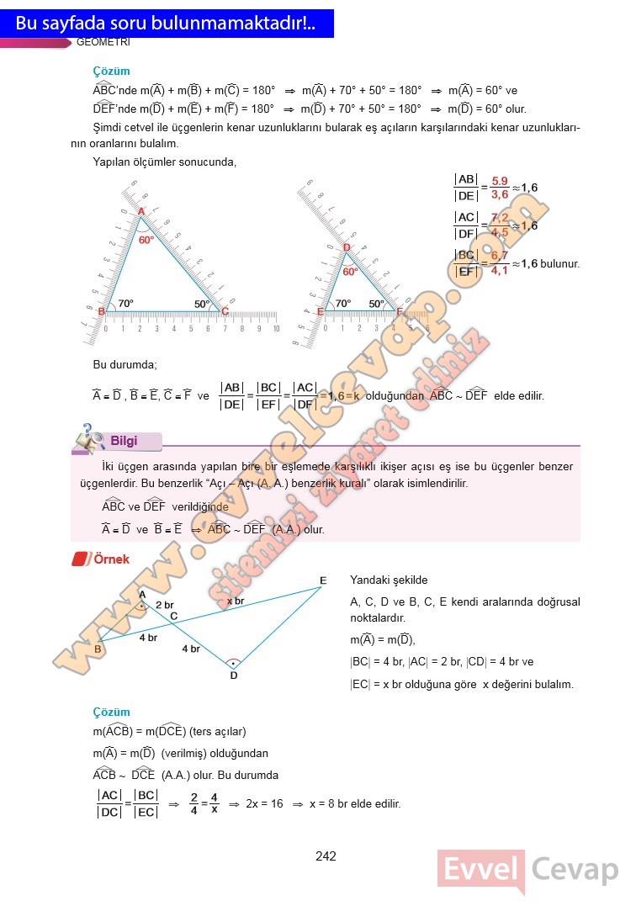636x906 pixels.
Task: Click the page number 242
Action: [326, 856]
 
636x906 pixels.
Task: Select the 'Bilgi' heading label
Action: [124, 441]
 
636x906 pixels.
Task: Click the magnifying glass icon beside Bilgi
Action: [88, 437]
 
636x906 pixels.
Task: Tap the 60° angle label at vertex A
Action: [146, 240]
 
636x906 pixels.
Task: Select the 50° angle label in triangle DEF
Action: [375, 304]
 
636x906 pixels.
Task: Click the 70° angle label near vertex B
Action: [125, 304]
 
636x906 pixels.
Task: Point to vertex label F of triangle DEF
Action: [399, 310]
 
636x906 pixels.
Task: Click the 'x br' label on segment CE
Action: [236, 601]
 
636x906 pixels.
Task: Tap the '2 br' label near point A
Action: [165, 605]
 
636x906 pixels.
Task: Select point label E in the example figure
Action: [323, 580]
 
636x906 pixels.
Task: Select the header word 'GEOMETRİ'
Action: [103, 42]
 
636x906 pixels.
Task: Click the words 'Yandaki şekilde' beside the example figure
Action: [389, 580]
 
